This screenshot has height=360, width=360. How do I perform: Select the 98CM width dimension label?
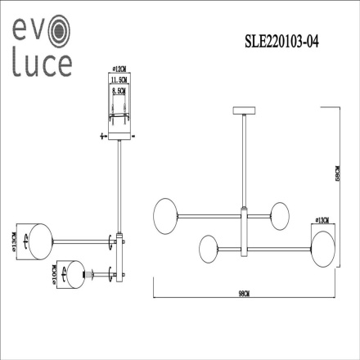[245, 291]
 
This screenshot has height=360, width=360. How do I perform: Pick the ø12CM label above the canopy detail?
[119, 72]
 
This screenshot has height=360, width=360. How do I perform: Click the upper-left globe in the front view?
[165, 214]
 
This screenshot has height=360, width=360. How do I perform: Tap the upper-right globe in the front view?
[283, 215]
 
